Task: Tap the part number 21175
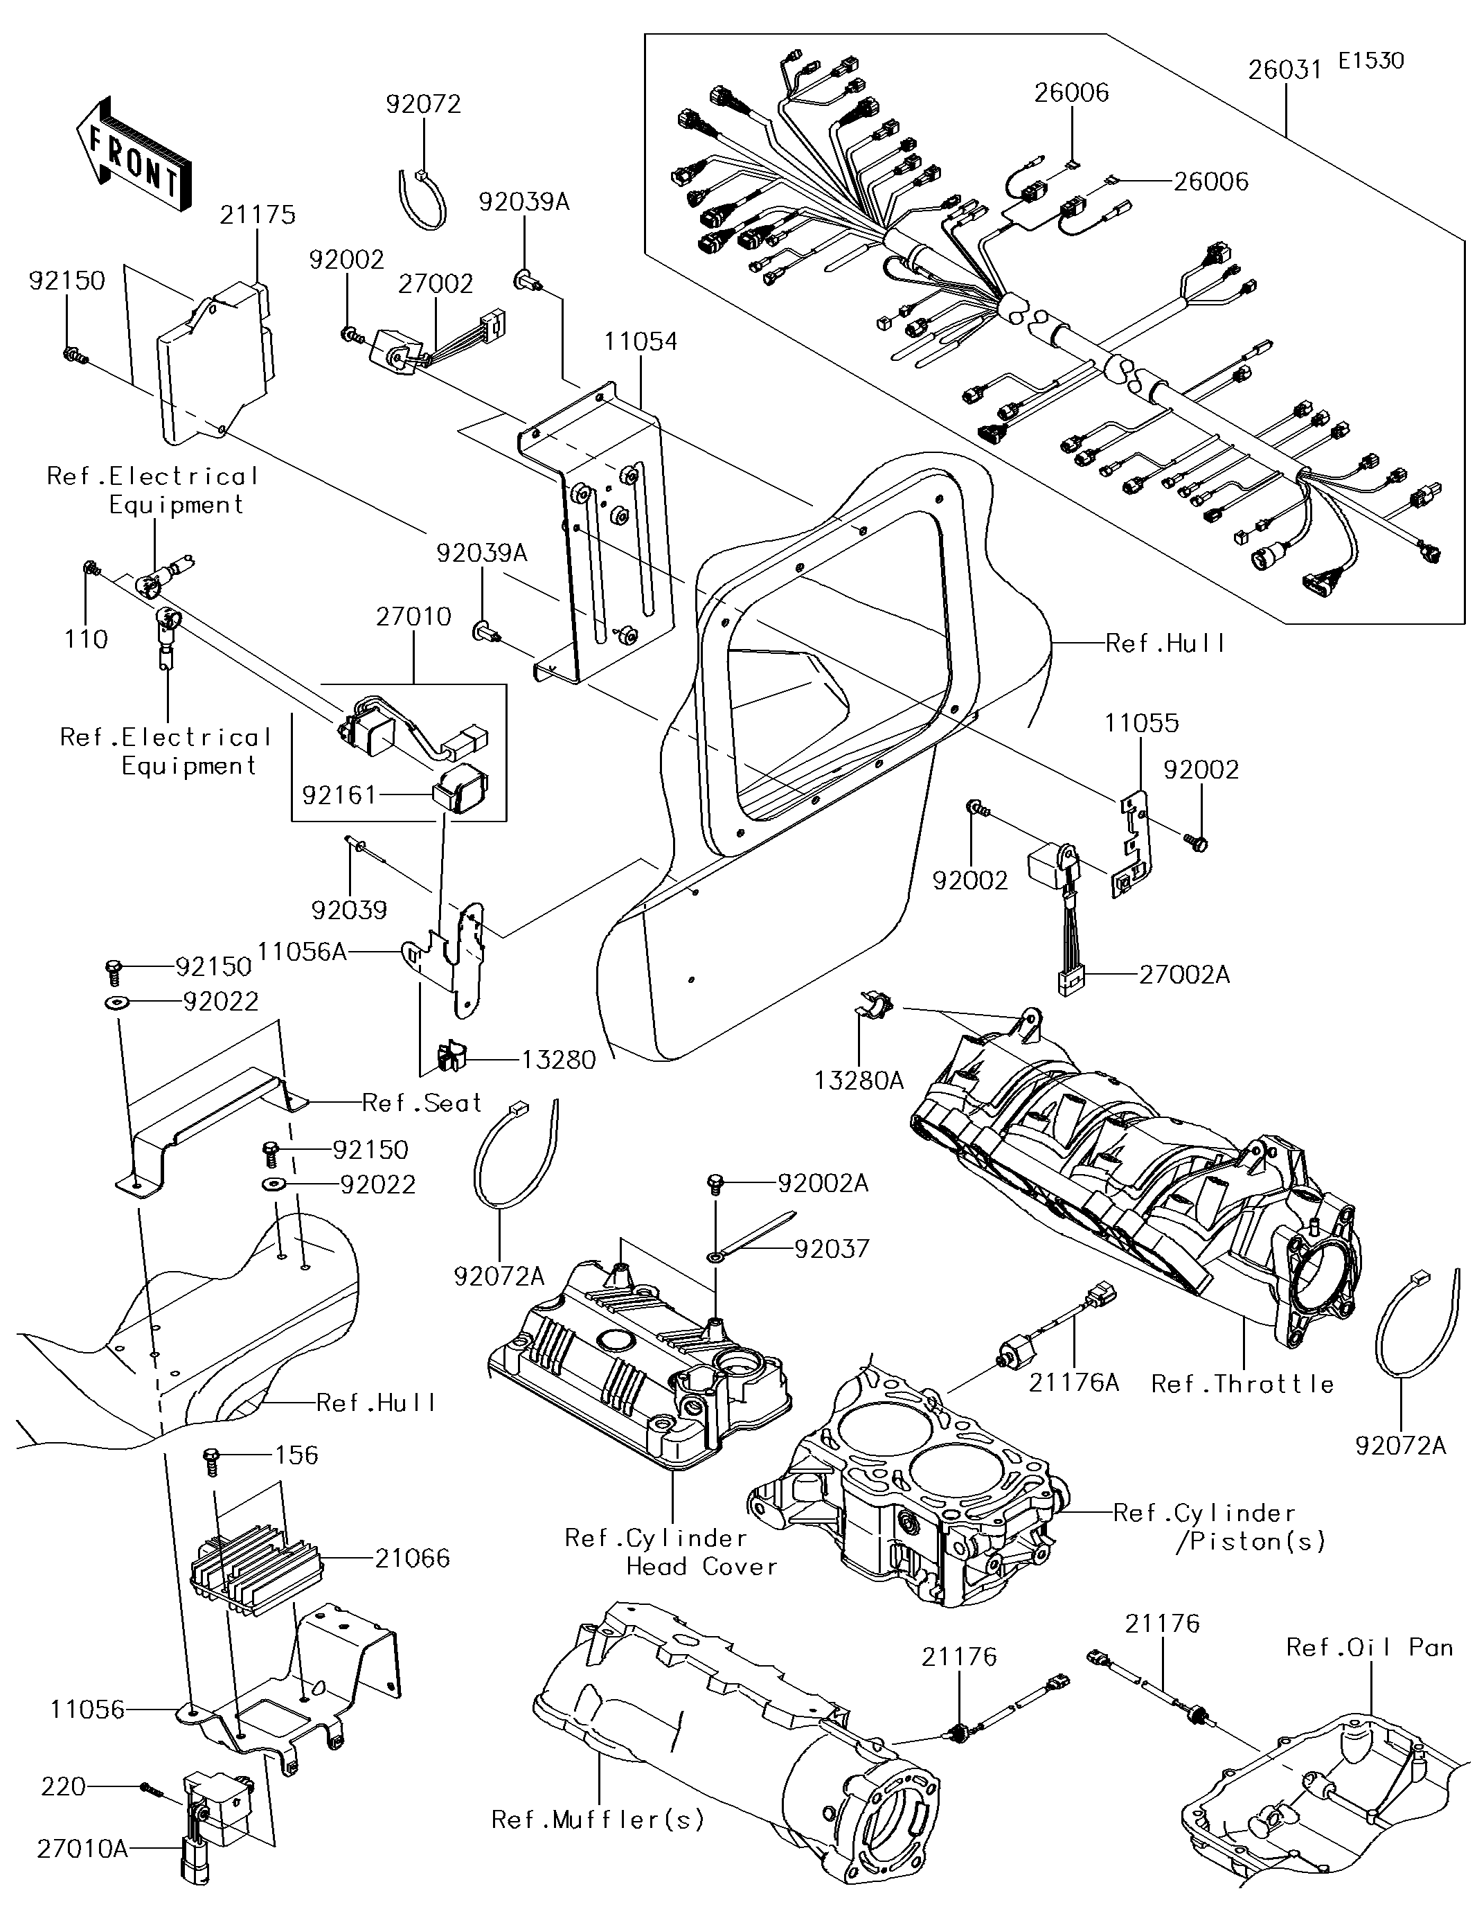(257, 215)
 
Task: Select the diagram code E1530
(1370, 61)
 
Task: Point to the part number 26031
(1284, 71)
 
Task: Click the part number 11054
(641, 341)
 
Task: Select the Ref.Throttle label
(1242, 1385)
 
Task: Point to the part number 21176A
(1073, 1383)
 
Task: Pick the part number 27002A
(1183, 975)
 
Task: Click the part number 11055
(1140, 724)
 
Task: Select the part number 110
(86, 640)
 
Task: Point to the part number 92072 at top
(423, 105)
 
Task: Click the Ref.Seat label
(421, 1103)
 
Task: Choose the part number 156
(296, 1455)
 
